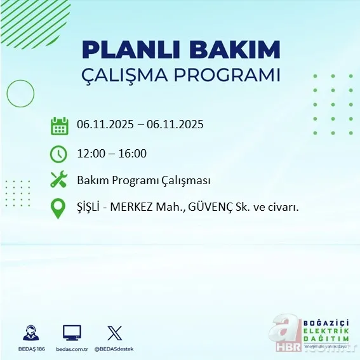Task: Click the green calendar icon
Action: [59, 126]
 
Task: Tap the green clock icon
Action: [58, 153]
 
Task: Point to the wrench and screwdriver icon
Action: [58, 180]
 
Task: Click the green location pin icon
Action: [58, 208]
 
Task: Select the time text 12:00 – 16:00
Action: [112, 153]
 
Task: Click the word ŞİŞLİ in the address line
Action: [90, 207]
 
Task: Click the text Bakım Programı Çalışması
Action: [143, 180]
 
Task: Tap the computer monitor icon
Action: [72, 333]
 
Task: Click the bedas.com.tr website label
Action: [72, 349]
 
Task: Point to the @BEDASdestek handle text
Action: [114, 349]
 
